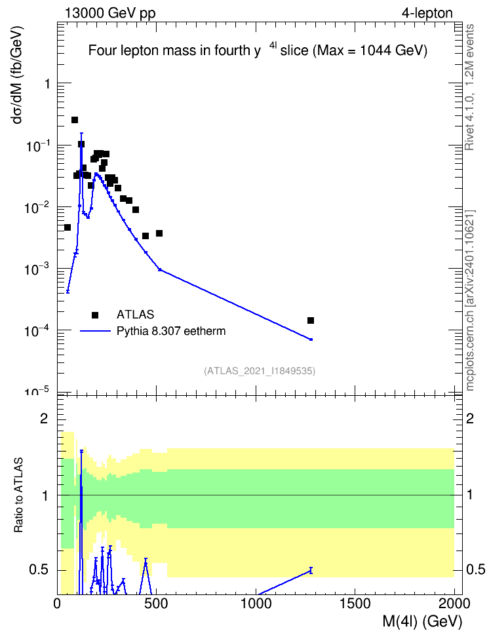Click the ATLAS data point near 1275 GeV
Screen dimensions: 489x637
pos(311,320)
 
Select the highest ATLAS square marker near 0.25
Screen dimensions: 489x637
pos(75,120)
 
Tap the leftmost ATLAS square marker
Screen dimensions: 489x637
pos(68,227)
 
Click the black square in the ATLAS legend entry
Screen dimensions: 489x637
pos(95,315)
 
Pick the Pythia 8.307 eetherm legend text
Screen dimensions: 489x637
pos(171,331)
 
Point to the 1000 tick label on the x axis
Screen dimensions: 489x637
pos(256,604)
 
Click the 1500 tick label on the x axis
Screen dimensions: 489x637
pos(356,604)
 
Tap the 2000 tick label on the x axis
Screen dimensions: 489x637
pos(455,604)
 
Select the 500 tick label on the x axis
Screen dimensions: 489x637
pos(157,604)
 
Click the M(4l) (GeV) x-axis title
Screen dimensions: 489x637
pos(422,621)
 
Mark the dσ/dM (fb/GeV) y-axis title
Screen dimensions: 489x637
pos(18,75)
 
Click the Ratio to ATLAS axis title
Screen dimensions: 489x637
pos(19,495)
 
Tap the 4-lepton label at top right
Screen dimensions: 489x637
pos(427,13)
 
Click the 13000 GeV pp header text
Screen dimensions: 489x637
pos(110,13)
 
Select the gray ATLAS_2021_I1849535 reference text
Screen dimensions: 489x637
pos(260,371)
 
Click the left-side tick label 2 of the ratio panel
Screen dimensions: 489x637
pos(44,418)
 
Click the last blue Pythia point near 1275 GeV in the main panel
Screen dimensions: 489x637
pos(311,339)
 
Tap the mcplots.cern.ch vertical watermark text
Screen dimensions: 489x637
pos(470,301)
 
